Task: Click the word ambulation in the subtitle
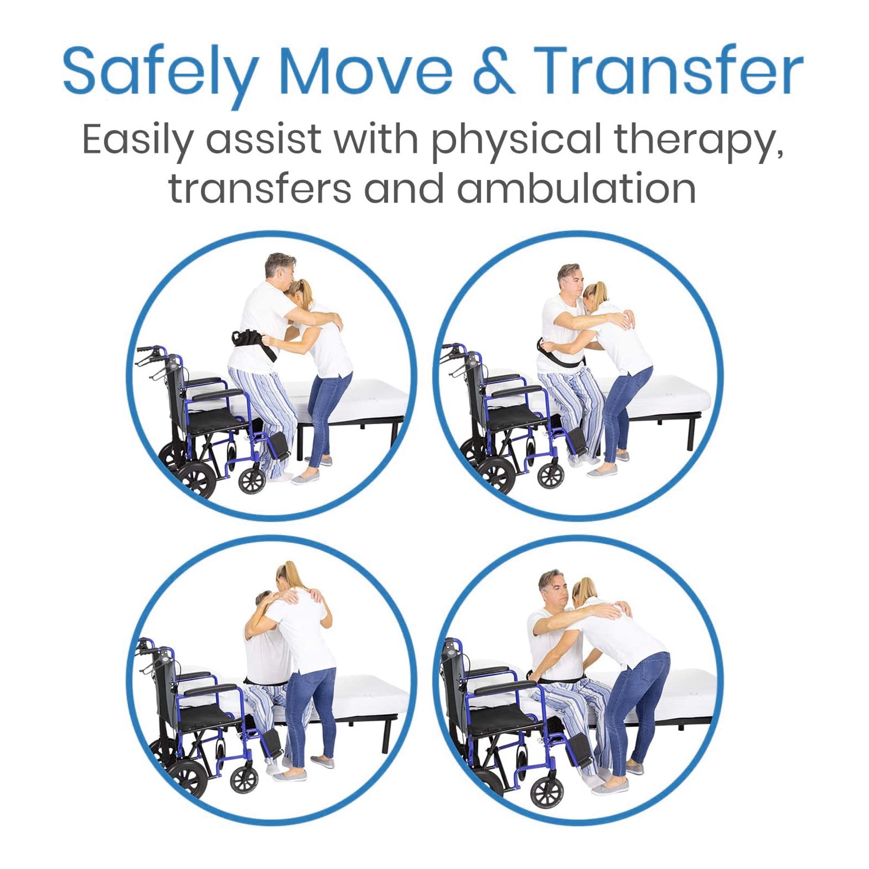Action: pyautogui.click(x=576, y=188)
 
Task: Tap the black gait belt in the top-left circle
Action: pyautogui.click(x=255, y=344)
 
